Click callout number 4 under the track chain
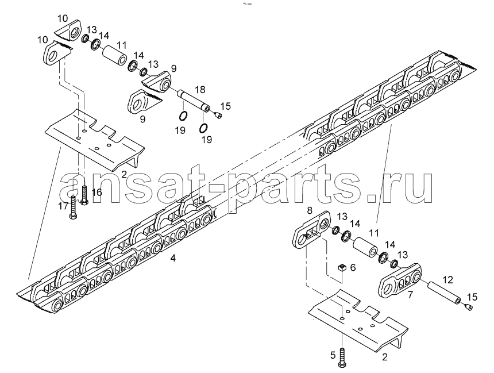pyautogui.click(x=173, y=258)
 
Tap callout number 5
pyautogui.click(x=333, y=355)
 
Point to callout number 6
pyautogui.click(x=353, y=267)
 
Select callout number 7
pyautogui.click(x=410, y=295)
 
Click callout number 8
pyautogui.click(x=310, y=210)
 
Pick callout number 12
pyautogui.click(x=447, y=280)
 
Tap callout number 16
pyautogui.click(x=97, y=192)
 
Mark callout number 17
pyautogui.click(x=63, y=206)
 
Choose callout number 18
pyautogui.click(x=200, y=90)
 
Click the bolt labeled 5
pyautogui.click(x=342, y=357)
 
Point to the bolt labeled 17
pyautogui.click(x=73, y=207)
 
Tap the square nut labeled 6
pyautogui.click(x=342, y=268)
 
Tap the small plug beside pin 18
pyautogui.click(x=217, y=116)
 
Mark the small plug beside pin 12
pyautogui.click(x=468, y=307)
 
